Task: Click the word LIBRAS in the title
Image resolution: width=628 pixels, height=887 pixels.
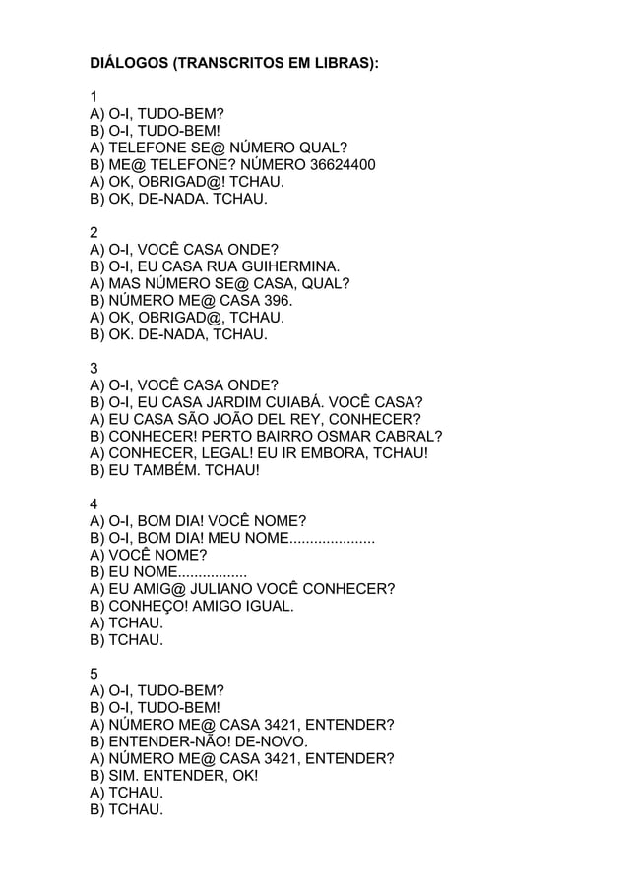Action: pyautogui.click(x=343, y=64)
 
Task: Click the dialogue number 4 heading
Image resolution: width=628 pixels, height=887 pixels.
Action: pyautogui.click(x=94, y=504)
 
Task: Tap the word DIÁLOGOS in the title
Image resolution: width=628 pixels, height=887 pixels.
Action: pyautogui.click(x=128, y=64)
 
